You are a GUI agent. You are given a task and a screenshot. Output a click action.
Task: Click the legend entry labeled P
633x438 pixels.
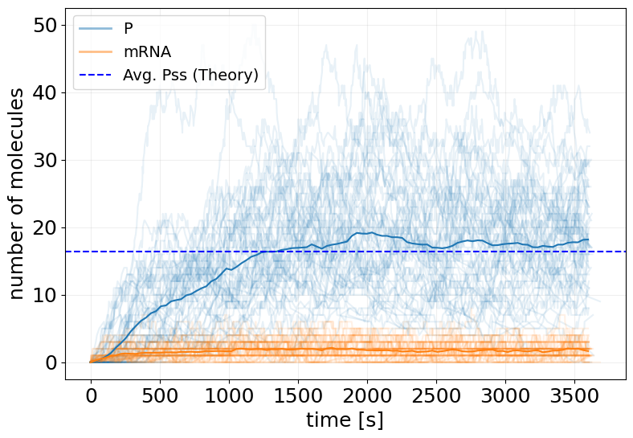[129, 29]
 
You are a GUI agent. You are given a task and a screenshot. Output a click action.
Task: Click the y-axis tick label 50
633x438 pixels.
[45, 25]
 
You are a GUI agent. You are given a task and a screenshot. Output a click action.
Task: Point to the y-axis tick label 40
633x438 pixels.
[45, 92]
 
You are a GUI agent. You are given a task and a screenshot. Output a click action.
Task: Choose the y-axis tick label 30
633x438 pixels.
[45, 160]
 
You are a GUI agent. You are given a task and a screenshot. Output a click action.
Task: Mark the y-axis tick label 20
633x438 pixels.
[45, 227]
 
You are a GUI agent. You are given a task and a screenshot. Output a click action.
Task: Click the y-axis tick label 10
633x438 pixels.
[45, 295]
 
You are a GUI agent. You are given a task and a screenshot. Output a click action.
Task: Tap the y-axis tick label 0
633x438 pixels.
[51, 362]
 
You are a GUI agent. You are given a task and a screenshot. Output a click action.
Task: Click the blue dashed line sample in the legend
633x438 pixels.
[96, 76]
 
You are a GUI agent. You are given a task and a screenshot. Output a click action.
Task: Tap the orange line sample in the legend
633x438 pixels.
[96, 52]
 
